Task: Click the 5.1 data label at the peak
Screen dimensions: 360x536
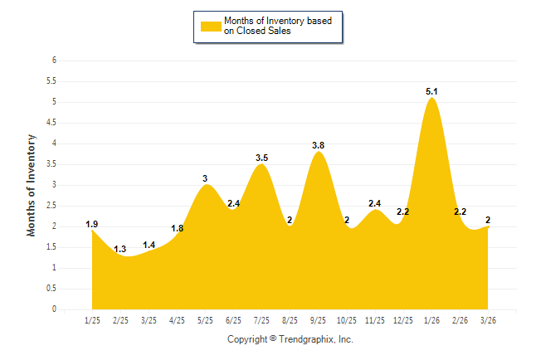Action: click(x=431, y=91)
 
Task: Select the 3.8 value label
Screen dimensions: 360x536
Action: click(x=318, y=145)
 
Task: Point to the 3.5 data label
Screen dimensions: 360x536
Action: click(x=261, y=158)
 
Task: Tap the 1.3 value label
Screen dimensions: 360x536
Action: click(x=120, y=249)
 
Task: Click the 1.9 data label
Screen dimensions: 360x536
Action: click(x=92, y=224)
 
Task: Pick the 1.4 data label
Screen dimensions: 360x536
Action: click(x=149, y=245)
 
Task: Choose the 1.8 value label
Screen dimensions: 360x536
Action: click(x=178, y=228)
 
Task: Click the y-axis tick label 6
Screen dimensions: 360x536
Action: click(x=53, y=61)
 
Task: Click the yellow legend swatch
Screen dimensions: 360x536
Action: click(x=211, y=26)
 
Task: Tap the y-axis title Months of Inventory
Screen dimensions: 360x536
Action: click(x=32, y=185)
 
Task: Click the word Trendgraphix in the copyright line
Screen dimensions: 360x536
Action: click(x=308, y=339)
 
